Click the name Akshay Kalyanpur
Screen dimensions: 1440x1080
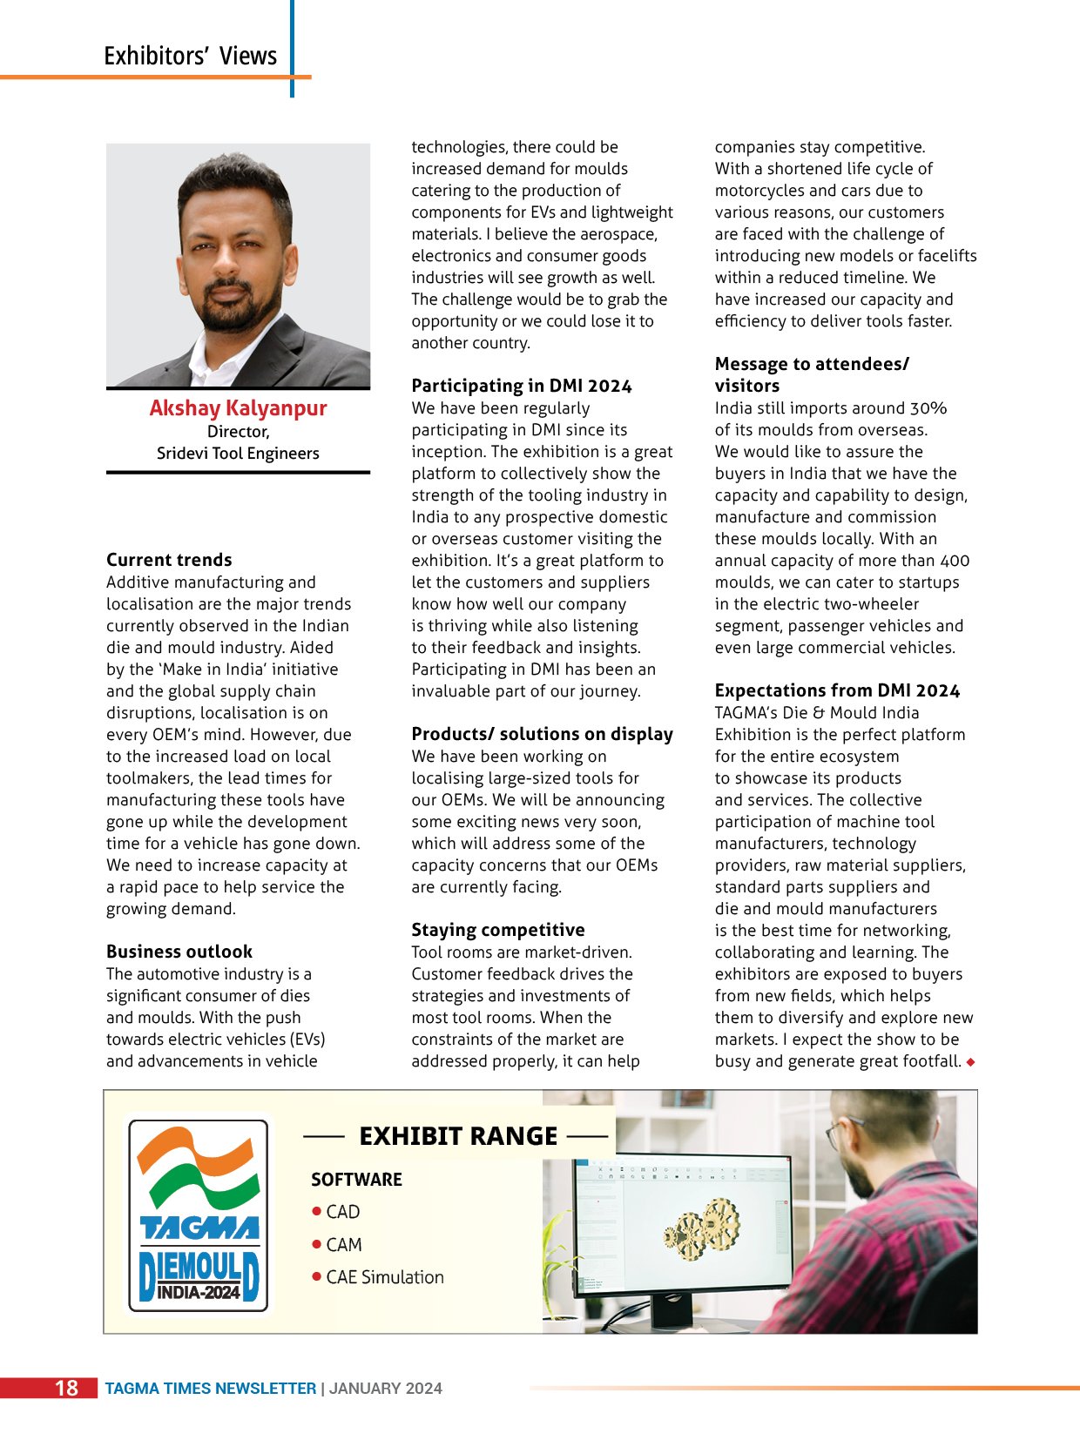tap(238, 408)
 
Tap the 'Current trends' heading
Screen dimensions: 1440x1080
tap(169, 560)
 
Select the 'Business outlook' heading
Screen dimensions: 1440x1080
tap(179, 952)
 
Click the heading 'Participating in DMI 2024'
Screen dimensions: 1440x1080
tap(522, 386)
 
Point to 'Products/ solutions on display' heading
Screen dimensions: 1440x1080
tap(542, 734)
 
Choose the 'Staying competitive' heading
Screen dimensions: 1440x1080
tap(498, 930)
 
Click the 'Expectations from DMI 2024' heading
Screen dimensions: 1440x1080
tap(837, 690)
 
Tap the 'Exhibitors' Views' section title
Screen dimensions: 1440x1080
tap(190, 56)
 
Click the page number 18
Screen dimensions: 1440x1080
tap(66, 1388)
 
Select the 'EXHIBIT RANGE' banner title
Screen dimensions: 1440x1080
tap(458, 1136)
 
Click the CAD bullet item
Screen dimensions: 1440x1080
tap(342, 1212)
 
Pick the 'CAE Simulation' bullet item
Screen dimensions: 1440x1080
tap(384, 1277)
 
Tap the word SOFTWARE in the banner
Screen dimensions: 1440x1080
tap(356, 1180)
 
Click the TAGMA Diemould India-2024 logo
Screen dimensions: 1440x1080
tap(199, 1215)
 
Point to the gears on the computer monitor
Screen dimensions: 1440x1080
tap(700, 1227)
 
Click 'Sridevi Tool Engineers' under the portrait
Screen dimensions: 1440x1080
tap(238, 454)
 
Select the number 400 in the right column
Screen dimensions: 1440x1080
tap(955, 561)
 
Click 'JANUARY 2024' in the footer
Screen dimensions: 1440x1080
tap(385, 1389)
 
